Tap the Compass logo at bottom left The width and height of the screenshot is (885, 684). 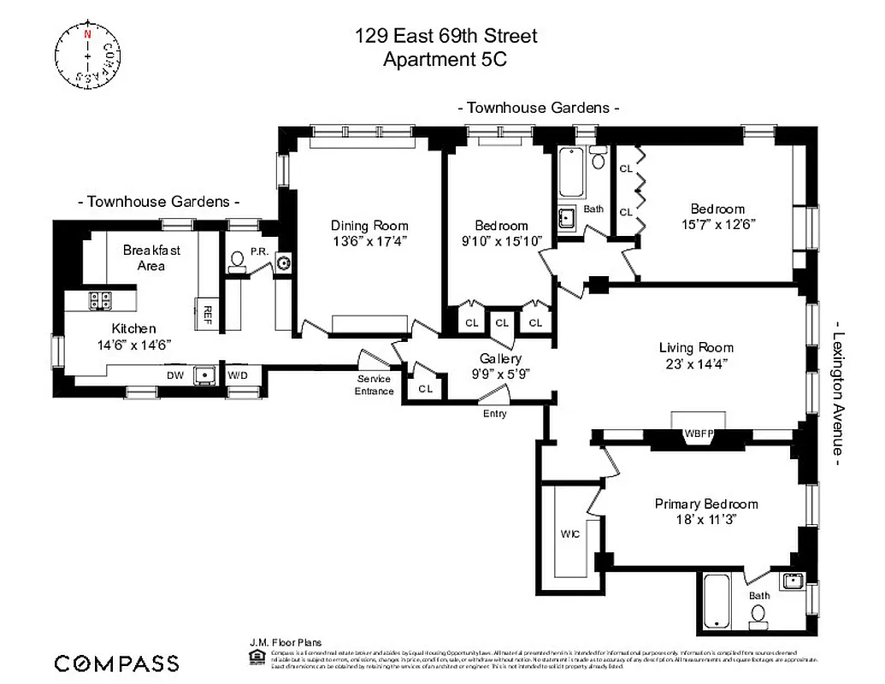(117, 663)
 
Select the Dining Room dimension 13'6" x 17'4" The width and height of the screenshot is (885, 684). (369, 241)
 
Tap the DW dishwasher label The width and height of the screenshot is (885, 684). (174, 374)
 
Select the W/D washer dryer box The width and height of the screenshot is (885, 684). (235, 374)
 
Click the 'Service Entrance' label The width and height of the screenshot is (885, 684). (375, 385)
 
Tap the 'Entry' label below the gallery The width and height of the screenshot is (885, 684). (494, 414)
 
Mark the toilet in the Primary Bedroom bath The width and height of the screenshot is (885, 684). (757, 615)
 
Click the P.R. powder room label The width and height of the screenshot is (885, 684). (259, 252)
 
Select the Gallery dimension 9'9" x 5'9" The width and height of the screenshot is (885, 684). (500, 374)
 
